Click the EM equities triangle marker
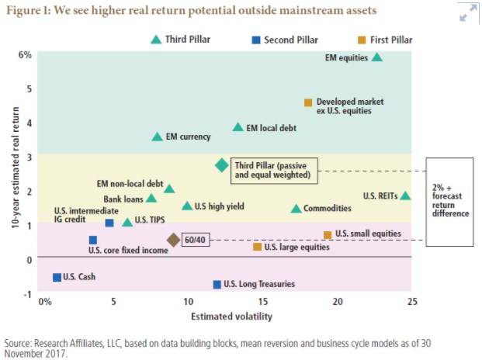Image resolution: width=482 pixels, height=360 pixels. click(x=377, y=57)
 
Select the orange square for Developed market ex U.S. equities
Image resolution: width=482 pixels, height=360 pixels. click(x=308, y=102)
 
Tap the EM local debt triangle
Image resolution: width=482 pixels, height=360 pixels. click(x=238, y=127)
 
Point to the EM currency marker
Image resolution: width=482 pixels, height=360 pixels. click(x=158, y=137)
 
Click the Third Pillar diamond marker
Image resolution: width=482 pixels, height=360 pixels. click(x=221, y=165)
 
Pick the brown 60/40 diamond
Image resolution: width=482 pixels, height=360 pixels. click(x=173, y=241)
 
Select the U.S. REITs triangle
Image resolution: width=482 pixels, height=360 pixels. click(x=405, y=196)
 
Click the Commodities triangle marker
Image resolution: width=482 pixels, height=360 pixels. click(x=296, y=208)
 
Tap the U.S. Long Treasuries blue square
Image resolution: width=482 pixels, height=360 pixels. click(x=217, y=285)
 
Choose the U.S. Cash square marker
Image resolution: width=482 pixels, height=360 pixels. click(x=57, y=277)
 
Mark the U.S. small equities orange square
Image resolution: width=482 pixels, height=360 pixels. click(x=328, y=234)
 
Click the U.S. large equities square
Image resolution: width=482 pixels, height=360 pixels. click(x=258, y=247)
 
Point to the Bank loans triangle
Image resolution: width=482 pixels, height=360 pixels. click(x=151, y=198)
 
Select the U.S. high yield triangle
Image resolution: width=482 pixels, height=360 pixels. click(x=187, y=206)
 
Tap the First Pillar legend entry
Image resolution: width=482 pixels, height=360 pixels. click(x=383, y=39)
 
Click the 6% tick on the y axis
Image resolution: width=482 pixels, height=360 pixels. click(x=25, y=54)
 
